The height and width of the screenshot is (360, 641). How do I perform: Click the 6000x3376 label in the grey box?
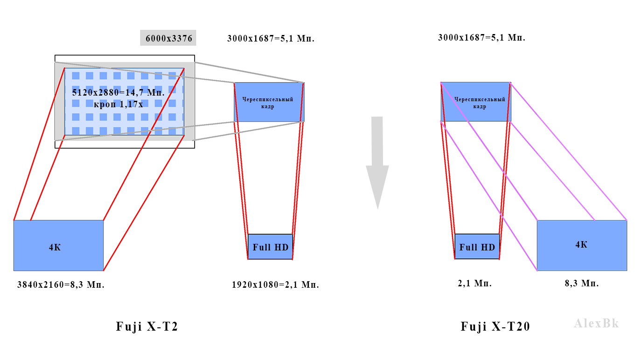tap(169, 38)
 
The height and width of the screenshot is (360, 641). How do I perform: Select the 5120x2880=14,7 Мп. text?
tap(118, 92)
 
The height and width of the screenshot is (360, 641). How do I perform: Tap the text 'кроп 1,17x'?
tap(118, 104)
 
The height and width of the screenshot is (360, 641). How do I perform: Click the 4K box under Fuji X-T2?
tap(58, 245)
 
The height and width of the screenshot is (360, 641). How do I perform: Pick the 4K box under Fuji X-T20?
tap(582, 245)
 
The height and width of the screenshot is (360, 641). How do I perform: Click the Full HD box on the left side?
tap(270, 247)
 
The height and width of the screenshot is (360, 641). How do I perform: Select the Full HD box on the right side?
tap(477, 247)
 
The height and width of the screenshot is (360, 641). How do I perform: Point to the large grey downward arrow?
tap(377, 163)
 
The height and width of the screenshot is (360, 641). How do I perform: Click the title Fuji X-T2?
tap(147, 326)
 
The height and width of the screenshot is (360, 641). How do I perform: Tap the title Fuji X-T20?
tap(495, 326)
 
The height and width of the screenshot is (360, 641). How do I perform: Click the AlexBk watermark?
tap(596, 324)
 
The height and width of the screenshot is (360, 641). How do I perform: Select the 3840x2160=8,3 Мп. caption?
tap(61, 284)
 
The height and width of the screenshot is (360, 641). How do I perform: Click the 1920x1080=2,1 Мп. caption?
tap(275, 284)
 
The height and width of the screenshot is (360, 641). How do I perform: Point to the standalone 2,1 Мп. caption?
tap(475, 283)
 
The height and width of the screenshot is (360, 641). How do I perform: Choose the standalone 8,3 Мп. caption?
tap(582, 283)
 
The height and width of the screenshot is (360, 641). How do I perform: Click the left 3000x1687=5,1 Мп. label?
tap(271, 38)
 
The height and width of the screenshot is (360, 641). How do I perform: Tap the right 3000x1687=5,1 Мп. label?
tap(481, 37)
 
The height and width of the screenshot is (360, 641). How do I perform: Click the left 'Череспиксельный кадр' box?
tap(269, 102)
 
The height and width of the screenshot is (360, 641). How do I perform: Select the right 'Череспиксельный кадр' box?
tap(476, 102)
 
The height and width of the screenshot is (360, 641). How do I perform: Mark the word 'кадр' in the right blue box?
tap(480, 107)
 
